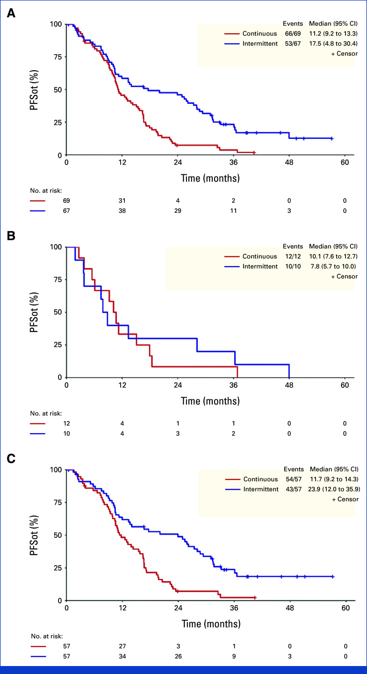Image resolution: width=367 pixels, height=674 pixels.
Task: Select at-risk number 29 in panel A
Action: coord(178,211)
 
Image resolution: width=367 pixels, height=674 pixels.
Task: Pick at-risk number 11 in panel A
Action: coord(233,211)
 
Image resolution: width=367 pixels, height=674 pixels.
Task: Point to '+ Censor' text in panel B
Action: coord(344,276)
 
